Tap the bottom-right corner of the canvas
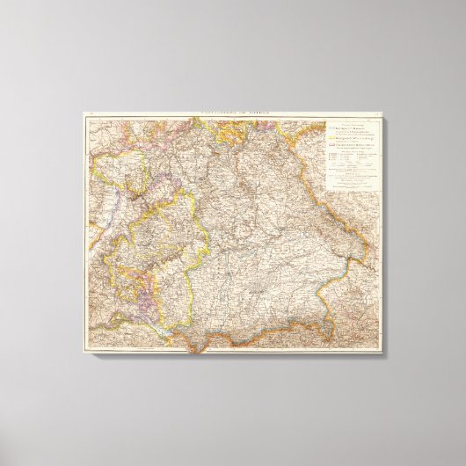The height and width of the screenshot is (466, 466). pyautogui.click(x=383, y=355)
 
